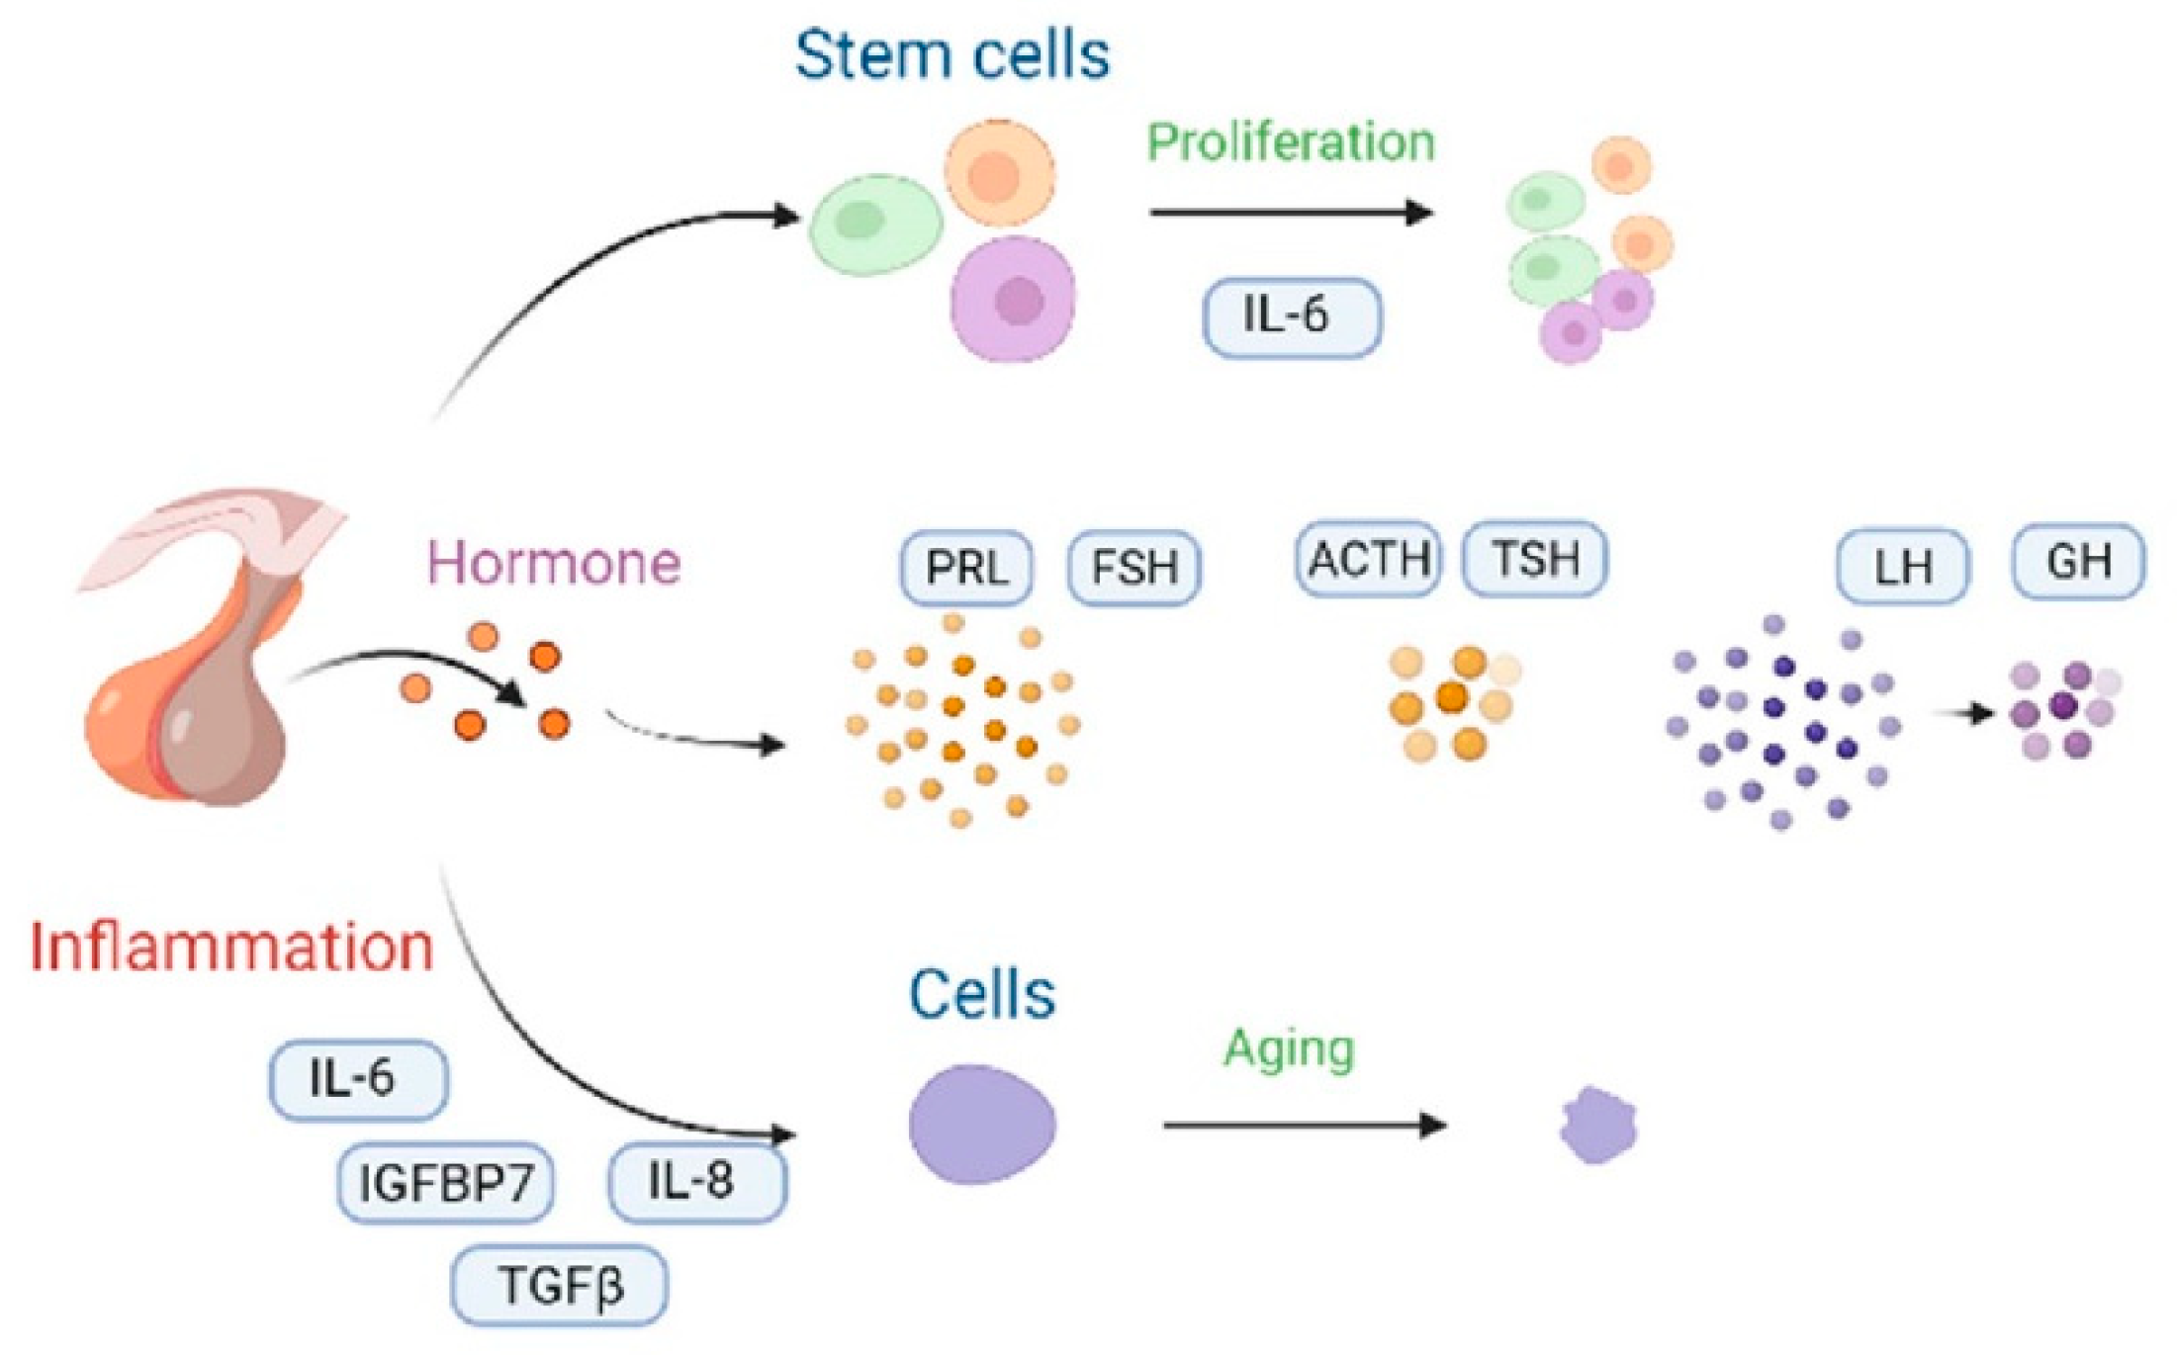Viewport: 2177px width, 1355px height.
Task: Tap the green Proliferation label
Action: [1291, 142]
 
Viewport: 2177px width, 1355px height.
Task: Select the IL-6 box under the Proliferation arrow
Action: [1291, 316]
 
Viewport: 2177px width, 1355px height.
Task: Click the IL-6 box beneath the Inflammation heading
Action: [358, 1079]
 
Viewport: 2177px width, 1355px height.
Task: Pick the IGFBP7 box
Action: [445, 1183]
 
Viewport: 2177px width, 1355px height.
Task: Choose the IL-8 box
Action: [696, 1181]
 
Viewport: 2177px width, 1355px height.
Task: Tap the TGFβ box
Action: [559, 1286]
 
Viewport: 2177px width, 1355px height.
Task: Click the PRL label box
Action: [966, 568]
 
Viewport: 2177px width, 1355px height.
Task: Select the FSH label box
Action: [1134, 568]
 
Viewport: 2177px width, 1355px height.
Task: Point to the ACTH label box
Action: [1368, 560]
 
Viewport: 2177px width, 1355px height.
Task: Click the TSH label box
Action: [1534, 560]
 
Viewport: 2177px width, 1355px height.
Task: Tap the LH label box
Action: [1902, 567]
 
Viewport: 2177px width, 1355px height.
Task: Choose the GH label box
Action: [2078, 562]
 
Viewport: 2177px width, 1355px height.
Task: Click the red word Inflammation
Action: [232, 948]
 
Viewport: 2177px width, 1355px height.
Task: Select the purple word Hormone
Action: [554, 564]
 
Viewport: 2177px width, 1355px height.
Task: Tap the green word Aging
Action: [1289, 1048]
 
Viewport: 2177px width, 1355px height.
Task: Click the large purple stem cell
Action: [1013, 299]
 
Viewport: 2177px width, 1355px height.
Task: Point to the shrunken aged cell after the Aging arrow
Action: [1597, 1126]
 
